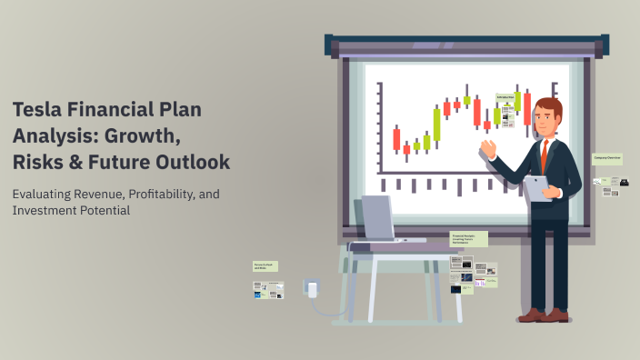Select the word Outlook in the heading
193,162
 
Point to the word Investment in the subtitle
45,210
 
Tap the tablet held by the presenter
537,186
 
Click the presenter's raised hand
488,146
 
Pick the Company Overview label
606,158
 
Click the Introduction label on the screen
505,96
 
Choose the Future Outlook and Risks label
265,266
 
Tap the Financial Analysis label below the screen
468,239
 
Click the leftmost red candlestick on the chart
396,139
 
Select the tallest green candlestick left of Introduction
436,125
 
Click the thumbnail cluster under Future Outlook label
269,289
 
